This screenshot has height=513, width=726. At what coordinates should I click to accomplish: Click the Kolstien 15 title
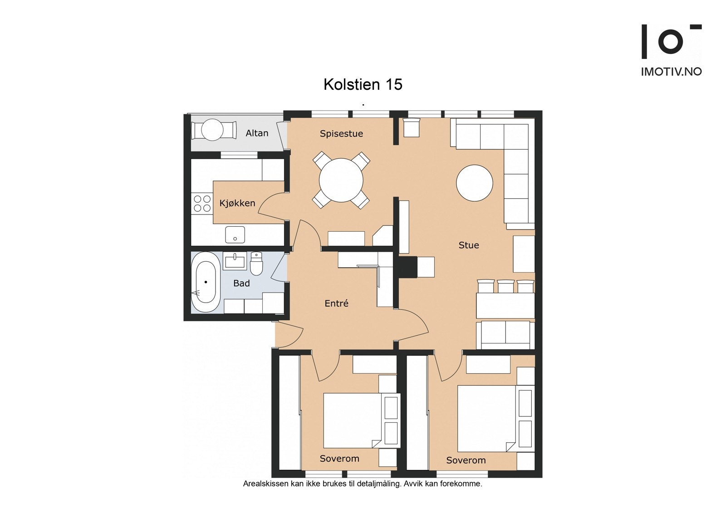click(x=363, y=84)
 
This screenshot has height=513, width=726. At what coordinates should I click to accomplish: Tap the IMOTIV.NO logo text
click(x=671, y=72)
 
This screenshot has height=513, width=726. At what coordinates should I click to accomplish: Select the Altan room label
click(x=257, y=133)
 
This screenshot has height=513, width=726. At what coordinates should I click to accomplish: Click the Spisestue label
click(x=341, y=134)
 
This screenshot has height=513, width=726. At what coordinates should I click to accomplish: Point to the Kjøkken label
click(x=237, y=203)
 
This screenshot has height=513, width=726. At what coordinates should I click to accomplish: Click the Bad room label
click(x=241, y=283)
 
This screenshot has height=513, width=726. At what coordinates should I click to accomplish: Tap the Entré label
click(x=336, y=303)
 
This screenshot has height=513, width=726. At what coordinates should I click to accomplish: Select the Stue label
click(x=469, y=245)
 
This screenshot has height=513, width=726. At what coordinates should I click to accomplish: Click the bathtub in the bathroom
click(x=206, y=282)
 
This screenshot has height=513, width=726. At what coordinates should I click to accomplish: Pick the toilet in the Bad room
click(x=256, y=264)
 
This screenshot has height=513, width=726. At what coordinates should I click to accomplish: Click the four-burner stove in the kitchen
click(x=202, y=203)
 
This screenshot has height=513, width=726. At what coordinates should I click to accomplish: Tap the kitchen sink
click(x=235, y=235)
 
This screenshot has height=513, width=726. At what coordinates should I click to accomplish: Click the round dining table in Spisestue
click(x=341, y=180)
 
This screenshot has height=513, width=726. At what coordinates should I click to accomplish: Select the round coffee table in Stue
click(x=475, y=183)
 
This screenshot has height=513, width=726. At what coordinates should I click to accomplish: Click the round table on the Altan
click(x=212, y=130)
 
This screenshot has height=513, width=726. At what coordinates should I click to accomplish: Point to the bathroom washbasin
click(x=235, y=261)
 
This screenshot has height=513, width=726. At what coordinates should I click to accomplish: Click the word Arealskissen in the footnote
click(x=266, y=484)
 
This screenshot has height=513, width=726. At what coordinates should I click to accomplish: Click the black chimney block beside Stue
click(x=408, y=267)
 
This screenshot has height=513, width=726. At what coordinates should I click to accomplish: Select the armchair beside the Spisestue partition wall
click(x=411, y=127)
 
